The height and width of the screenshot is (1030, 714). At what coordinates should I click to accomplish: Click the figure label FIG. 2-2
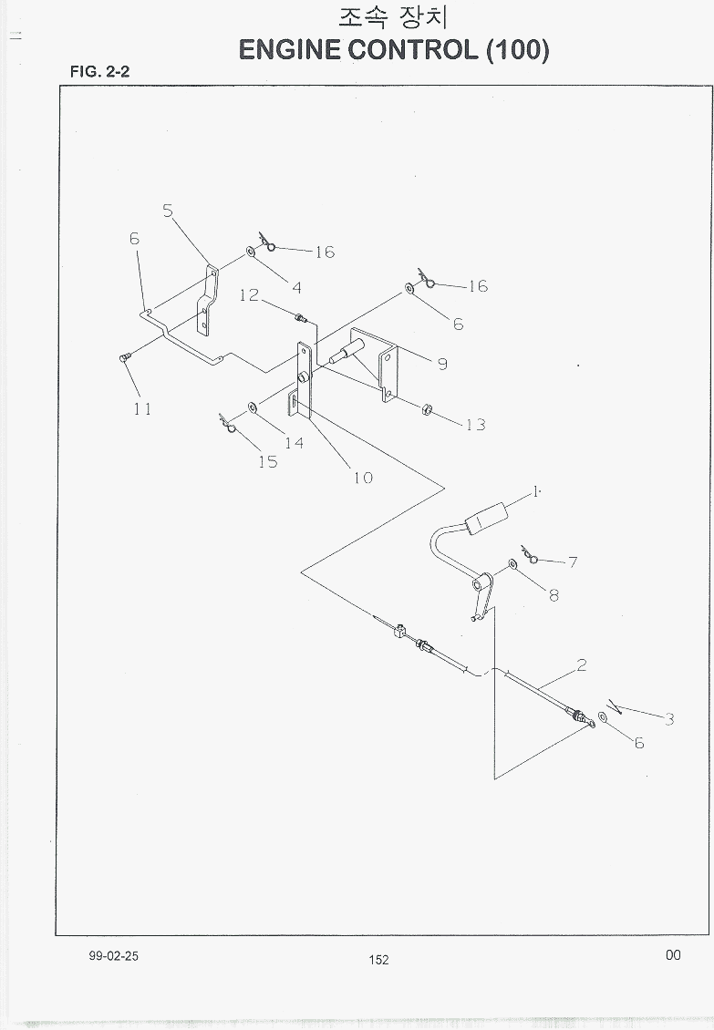100,72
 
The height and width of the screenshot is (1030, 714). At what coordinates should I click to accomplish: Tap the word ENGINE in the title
289,50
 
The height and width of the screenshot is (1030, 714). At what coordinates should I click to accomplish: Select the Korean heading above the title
393,17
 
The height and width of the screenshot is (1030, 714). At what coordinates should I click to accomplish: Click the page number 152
378,960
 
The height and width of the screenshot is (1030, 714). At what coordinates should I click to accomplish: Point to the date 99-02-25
114,956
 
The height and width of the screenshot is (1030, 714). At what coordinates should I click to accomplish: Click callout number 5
168,211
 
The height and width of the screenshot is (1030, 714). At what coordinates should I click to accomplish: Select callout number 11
142,408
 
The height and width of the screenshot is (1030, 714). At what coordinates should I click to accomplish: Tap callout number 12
249,295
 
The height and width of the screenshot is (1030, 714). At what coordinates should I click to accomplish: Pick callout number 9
442,364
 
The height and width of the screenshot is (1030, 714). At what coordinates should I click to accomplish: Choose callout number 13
475,425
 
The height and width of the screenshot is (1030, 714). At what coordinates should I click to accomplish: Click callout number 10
363,478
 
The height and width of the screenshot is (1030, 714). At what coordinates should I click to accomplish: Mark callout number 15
267,462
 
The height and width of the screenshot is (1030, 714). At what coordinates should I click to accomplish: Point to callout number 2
581,665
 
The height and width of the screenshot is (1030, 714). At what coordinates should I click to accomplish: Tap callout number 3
669,718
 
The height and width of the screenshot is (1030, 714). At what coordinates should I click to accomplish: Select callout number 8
554,595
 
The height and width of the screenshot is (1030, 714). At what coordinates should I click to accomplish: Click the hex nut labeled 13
425,410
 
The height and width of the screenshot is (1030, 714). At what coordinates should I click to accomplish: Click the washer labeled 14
253,408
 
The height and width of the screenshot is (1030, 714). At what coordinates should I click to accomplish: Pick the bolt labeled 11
124,356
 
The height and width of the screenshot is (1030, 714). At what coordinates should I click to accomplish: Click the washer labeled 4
251,251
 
